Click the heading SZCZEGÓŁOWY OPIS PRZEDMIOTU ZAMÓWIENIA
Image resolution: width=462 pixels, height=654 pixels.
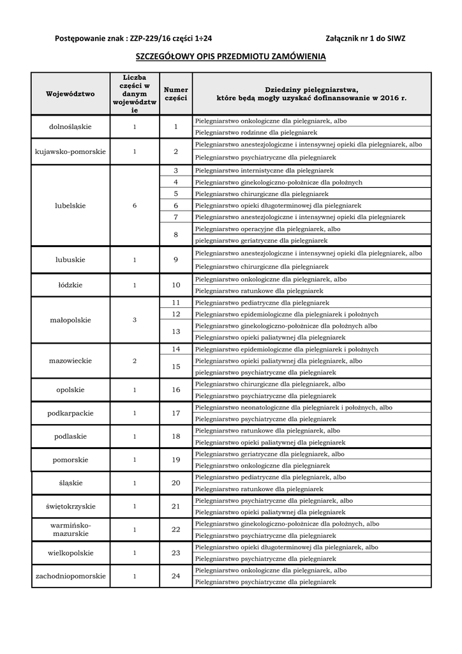tap(231, 57)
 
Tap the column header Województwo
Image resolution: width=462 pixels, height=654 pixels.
tap(70, 94)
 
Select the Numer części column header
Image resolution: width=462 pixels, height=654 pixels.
tap(175, 94)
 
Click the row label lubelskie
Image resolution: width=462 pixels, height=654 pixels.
tap(70, 206)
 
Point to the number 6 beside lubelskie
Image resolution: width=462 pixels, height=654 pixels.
tap(135, 206)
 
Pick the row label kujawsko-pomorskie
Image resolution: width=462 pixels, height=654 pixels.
tap(70, 152)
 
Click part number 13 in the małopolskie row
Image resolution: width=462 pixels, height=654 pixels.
tap(176, 331)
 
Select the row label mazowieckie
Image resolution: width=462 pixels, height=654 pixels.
tap(70, 361)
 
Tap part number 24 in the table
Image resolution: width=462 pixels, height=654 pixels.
tap(176, 576)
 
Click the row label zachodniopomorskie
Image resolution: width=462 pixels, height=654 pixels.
tap(70, 576)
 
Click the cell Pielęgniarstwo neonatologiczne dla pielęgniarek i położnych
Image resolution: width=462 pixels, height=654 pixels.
tap(294, 407)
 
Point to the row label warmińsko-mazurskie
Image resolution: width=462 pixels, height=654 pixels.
tap(70, 529)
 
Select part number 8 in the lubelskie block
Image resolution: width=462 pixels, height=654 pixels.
tap(176, 235)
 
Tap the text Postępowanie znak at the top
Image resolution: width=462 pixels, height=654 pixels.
tap(91, 38)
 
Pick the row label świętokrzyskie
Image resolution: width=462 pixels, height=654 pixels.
tap(70, 506)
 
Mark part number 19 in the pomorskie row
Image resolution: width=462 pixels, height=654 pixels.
tap(176, 460)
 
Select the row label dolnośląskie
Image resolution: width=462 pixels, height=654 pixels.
tap(70, 126)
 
